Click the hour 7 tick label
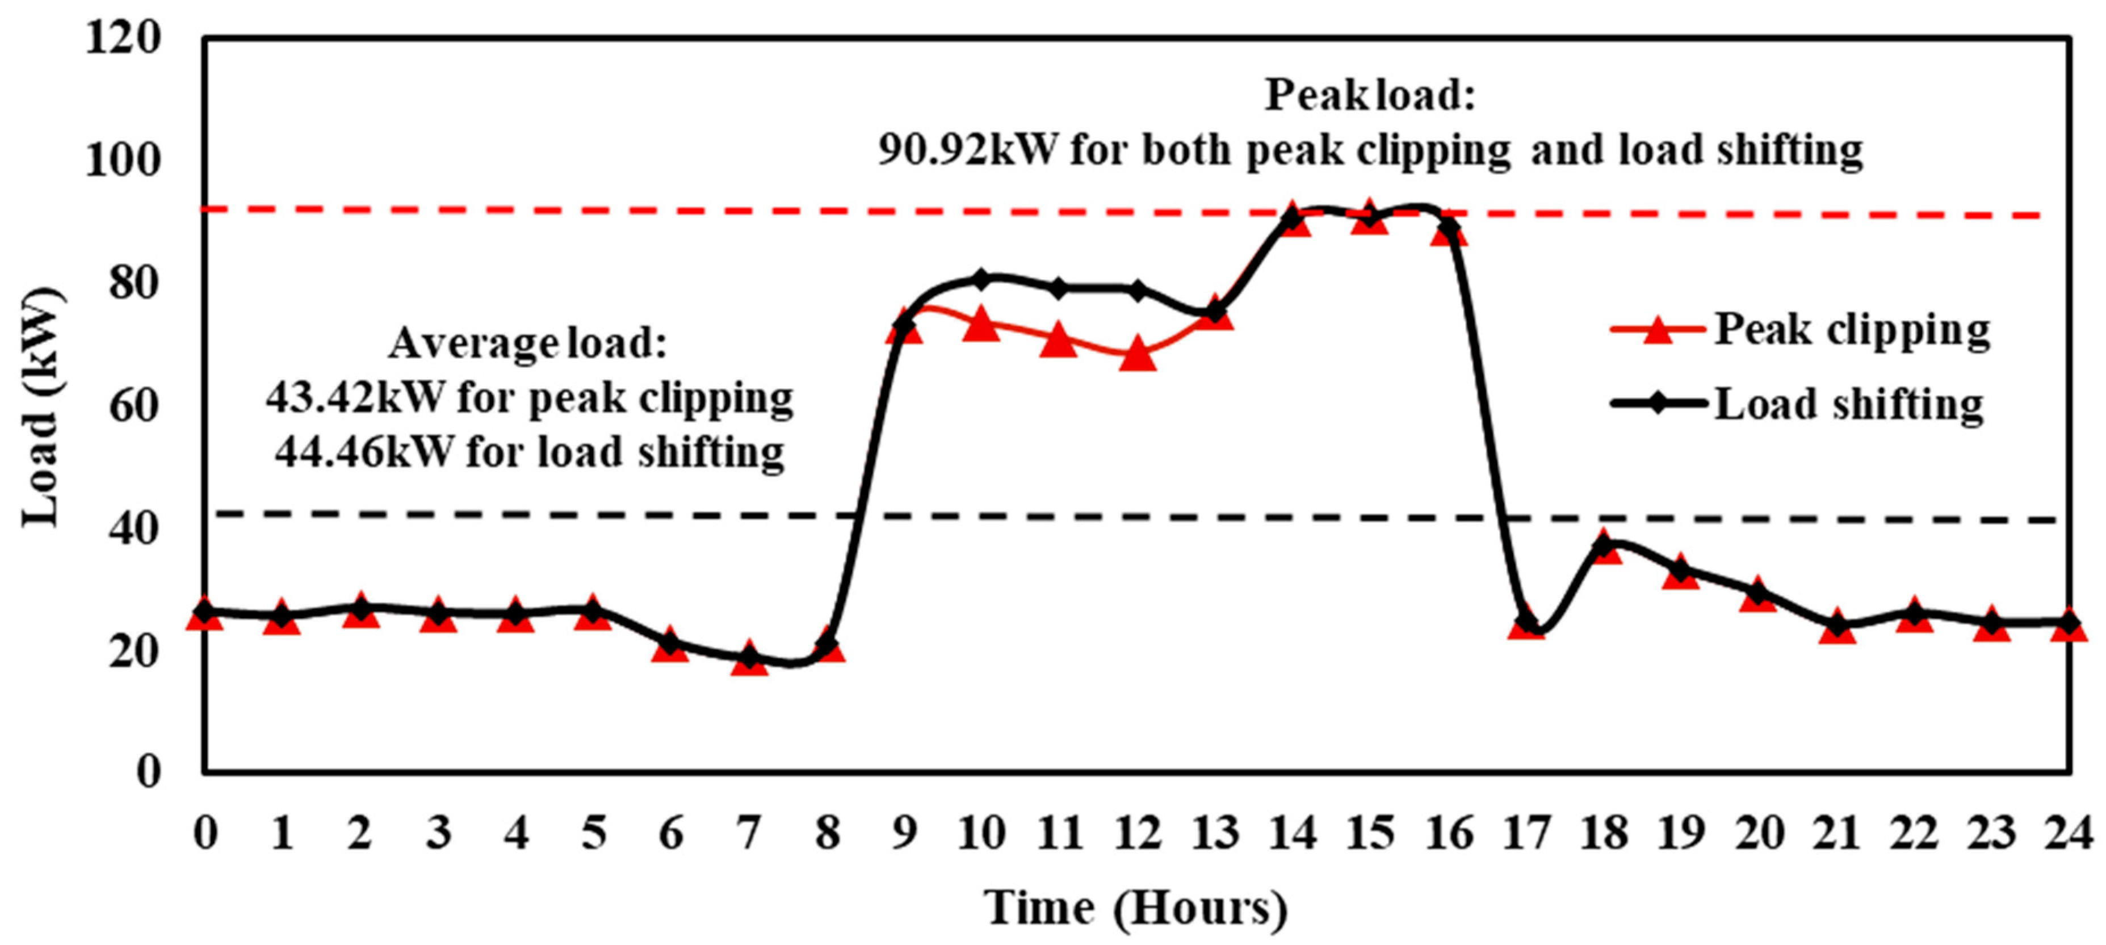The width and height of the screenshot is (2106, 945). pos(749,834)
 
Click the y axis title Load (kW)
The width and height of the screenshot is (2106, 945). pos(41,406)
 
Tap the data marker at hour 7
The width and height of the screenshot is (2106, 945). pos(749,658)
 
